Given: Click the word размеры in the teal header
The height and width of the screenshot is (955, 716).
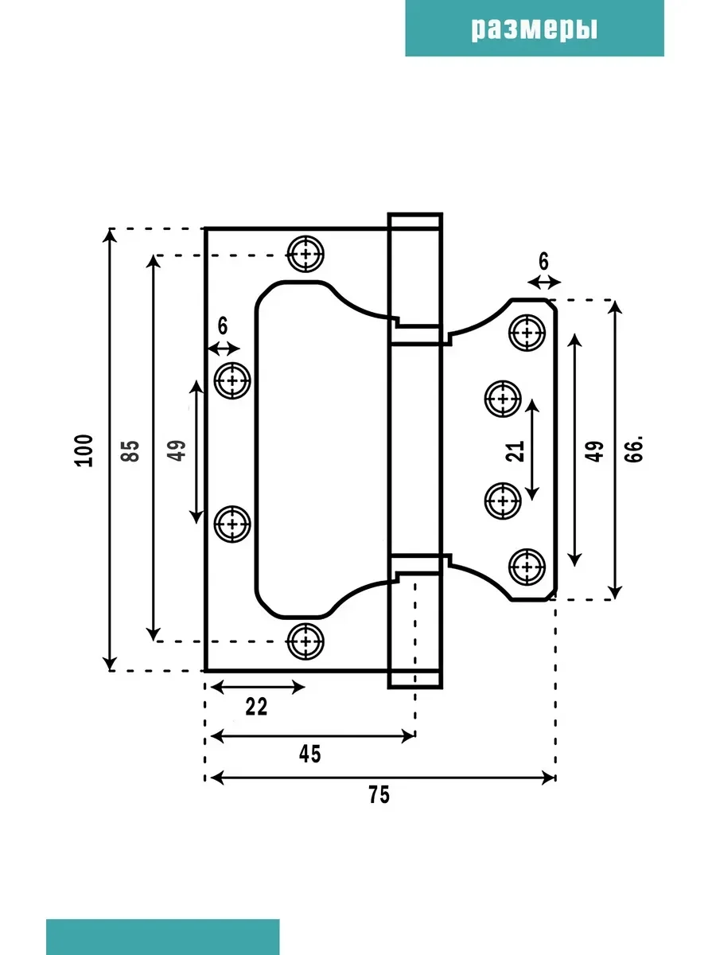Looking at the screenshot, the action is tap(535, 29).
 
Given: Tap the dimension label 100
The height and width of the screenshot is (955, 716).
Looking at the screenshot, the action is tap(84, 450).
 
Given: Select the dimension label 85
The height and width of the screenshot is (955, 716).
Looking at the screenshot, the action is tap(130, 450).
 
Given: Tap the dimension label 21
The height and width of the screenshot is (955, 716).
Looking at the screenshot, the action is tap(515, 451).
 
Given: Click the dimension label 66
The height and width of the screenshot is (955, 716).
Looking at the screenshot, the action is tap(634, 449).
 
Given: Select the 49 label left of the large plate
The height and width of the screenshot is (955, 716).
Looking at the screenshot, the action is tap(177, 450).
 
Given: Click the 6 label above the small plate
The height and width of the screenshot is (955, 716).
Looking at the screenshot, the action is tap(543, 262).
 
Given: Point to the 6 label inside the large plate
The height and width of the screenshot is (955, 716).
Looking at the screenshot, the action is tap(222, 325).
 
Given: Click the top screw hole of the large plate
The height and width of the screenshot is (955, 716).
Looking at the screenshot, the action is tap(305, 254).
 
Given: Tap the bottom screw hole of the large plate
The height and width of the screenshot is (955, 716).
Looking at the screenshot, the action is tap(305, 641).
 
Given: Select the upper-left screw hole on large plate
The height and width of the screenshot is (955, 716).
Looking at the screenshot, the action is tap(232, 380).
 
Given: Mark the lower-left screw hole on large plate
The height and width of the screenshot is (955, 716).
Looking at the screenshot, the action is tap(232, 524).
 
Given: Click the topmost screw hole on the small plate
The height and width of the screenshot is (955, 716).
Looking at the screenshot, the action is tap(527, 333).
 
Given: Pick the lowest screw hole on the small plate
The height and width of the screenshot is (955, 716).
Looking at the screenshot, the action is tap(527, 567).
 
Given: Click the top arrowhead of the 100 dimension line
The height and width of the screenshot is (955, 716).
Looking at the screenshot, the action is tap(110, 236).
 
